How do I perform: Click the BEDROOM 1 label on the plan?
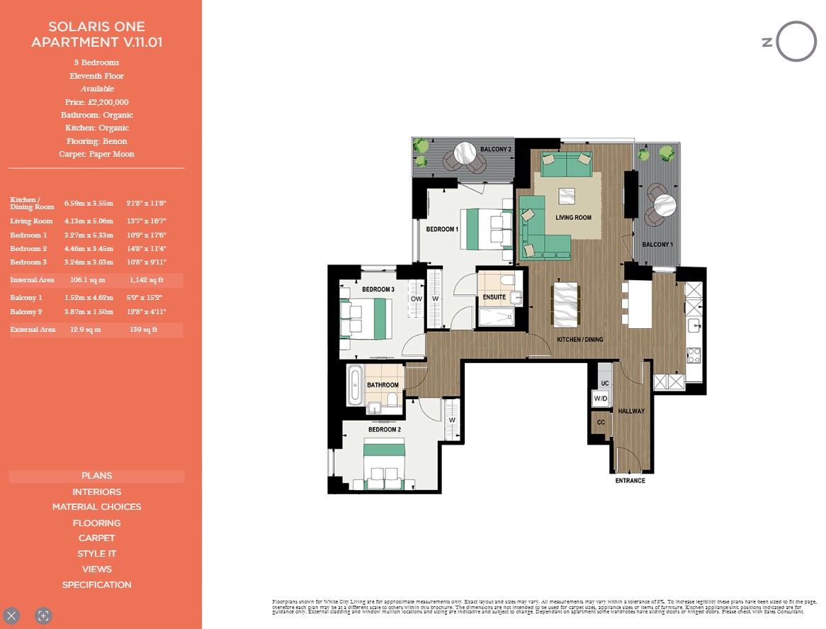coord(442,230)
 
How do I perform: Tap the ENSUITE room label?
coord(494,297)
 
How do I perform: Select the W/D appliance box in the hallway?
coord(601,399)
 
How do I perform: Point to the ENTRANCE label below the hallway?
coord(630,481)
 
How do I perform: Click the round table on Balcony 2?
coord(465,152)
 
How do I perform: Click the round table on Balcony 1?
coord(666,206)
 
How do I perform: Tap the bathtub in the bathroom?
coord(356,384)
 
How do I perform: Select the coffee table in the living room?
coord(566,196)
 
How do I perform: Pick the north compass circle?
coord(796,42)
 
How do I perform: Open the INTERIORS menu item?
coord(96,491)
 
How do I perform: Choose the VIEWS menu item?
coord(96,569)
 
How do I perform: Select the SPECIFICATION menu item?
coord(96,585)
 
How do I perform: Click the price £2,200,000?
coord(96,102)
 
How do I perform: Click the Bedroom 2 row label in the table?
coord(28,249)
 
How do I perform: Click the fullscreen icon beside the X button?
coord(43,616)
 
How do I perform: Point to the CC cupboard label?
coord(601,422)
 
